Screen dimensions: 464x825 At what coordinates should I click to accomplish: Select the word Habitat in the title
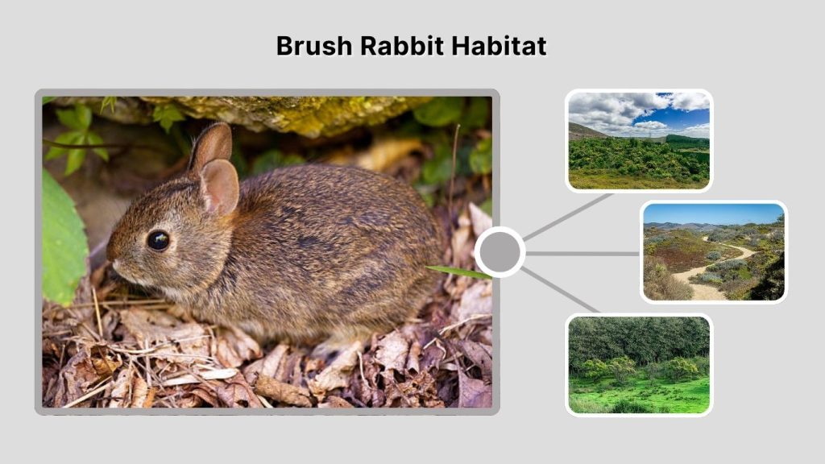tap(498, 46)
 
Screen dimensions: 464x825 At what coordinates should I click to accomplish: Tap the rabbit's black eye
tap(158, 239)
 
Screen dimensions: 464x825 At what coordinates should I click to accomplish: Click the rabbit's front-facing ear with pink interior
tap(218, 187)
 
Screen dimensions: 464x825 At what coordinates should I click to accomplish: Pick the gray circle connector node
tap(500, 252)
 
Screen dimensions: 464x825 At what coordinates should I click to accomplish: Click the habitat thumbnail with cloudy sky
tap(639, 140)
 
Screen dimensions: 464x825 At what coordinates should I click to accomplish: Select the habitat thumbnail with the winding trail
tap(714, 251)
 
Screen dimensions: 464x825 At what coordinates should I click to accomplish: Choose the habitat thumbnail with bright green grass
tap(639, 364)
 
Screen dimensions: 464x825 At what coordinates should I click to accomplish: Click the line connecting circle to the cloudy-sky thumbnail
tap(568, 216)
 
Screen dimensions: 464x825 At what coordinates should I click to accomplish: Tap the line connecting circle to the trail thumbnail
tap(582, 253)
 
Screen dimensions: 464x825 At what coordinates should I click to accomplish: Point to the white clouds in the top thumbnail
tap(612, 109)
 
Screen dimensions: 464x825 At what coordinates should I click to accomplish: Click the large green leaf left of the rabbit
tap(63, 238)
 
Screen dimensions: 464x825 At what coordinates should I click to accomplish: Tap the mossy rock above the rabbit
tap(290, 113)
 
